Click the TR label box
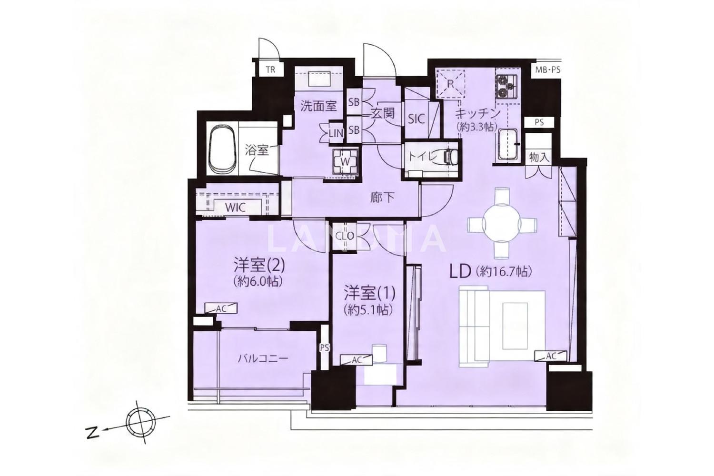270,69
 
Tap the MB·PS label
547,70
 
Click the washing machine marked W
345,161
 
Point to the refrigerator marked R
450,84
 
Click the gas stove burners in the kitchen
506,86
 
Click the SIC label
416,119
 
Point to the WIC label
236,208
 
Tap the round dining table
502,223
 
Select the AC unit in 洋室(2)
221,308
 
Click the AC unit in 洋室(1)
357,360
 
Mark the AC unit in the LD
551,356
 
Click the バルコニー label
263,359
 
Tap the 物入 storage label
539,158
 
